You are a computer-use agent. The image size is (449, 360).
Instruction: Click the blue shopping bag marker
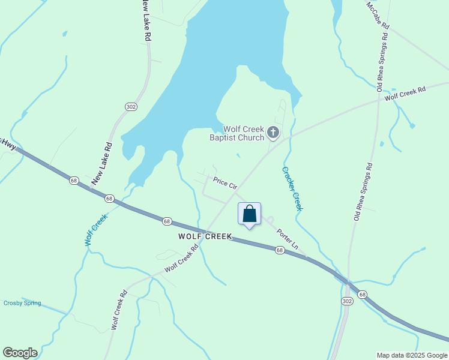pyautogui.click(x=250, y=214)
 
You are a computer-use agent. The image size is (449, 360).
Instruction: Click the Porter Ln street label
pyautogui.click(x=287, y=239)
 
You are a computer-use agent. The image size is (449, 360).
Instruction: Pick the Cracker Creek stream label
pyautogui.click(x=292, y=188)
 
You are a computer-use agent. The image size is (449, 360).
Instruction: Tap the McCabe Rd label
pyautogui.click(x=378, y=16)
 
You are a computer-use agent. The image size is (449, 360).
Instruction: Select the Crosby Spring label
pyautogui.click(x=22, y=303)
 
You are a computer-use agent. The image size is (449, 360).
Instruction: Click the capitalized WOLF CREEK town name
pyautogui.click(x=205, y=236)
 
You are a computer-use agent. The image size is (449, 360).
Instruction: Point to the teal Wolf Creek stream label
pyautogui.click(x=95, y=230)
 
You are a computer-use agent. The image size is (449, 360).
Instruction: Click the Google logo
pyautogui.click(x=20, y=353)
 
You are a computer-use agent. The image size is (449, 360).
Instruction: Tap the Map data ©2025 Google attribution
pyautogui.click(x=412, y=355)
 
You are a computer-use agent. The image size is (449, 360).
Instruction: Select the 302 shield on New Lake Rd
pyautogui.click(x=131, y=106)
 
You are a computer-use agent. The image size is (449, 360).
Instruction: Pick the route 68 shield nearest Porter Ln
pyautogui.click(x=280, y=250)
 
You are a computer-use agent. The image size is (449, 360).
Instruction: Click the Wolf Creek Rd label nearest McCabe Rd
pyautogui.click(x=405, y=93)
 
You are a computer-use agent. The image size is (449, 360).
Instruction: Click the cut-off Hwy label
pyautogui.click(x=7, y=143)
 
